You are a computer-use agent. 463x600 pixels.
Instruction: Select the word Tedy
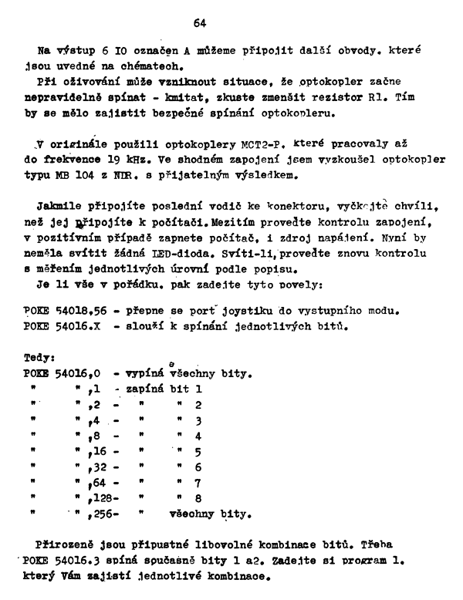point(39,359)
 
